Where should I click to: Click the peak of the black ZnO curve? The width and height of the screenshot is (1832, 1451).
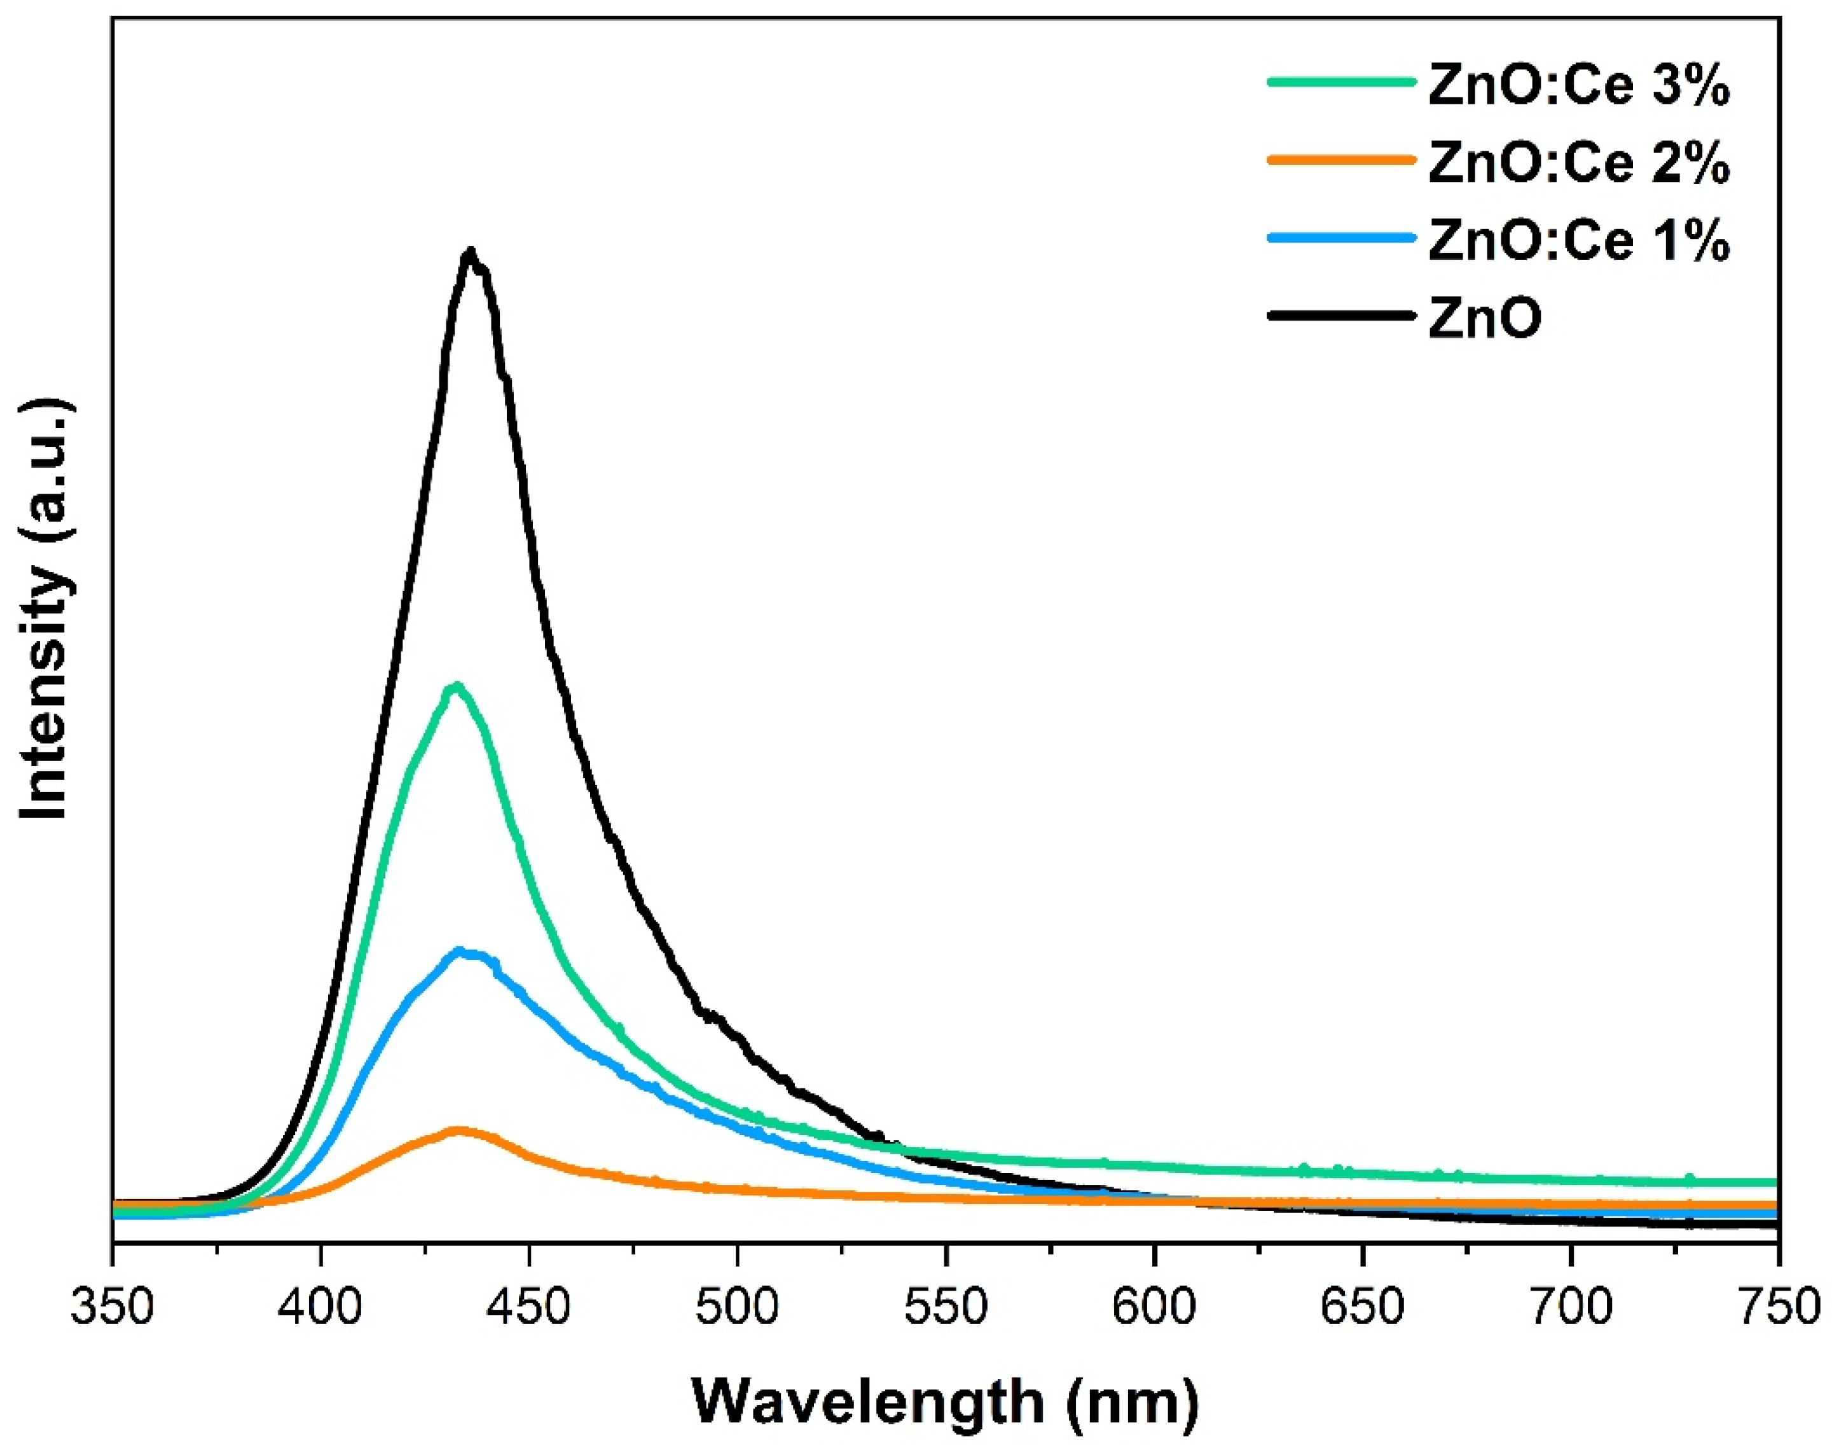click(x=470, y=253)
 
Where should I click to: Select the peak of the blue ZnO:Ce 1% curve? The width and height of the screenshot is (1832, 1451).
click(x=461, y=952)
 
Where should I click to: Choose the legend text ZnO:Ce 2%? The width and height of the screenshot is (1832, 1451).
click(x=1578, y=165)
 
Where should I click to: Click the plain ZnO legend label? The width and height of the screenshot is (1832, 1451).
click(x=1485, y=320)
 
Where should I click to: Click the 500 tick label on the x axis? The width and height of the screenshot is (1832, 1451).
click(x=737, y=1307)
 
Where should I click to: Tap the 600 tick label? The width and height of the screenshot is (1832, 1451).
click(x=1154, y=1307)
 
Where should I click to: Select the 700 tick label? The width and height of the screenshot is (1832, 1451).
click(x=1571, y=1307)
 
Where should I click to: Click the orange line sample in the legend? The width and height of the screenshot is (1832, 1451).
click(x=1342, y=159)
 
